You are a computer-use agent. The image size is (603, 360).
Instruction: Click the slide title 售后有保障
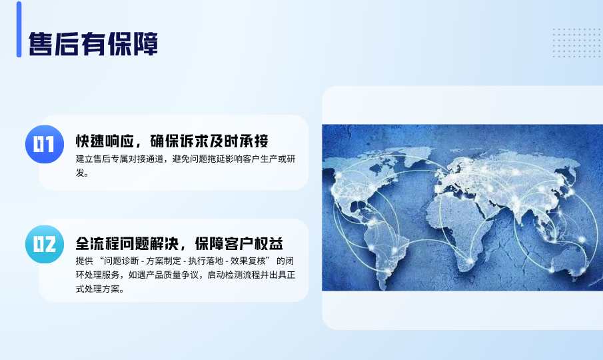tap(93, 44)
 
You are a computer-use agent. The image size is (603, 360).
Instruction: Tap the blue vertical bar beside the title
tap(19, 29)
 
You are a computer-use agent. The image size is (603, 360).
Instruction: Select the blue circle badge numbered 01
tap(45, 144)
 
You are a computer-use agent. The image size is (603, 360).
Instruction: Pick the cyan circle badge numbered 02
tap(45, 244)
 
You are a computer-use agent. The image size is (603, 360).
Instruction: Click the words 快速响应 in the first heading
tap(105, 141)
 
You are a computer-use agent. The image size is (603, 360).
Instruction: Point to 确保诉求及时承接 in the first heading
tap(209, 141)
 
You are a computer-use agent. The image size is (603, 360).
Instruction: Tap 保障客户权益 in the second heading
tap(239, 243)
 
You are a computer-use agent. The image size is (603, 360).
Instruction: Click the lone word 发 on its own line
tap(80, 173)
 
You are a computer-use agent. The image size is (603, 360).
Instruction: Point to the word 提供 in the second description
tap(84, 261)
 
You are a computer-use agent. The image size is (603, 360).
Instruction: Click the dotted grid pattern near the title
tap(577, 43)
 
